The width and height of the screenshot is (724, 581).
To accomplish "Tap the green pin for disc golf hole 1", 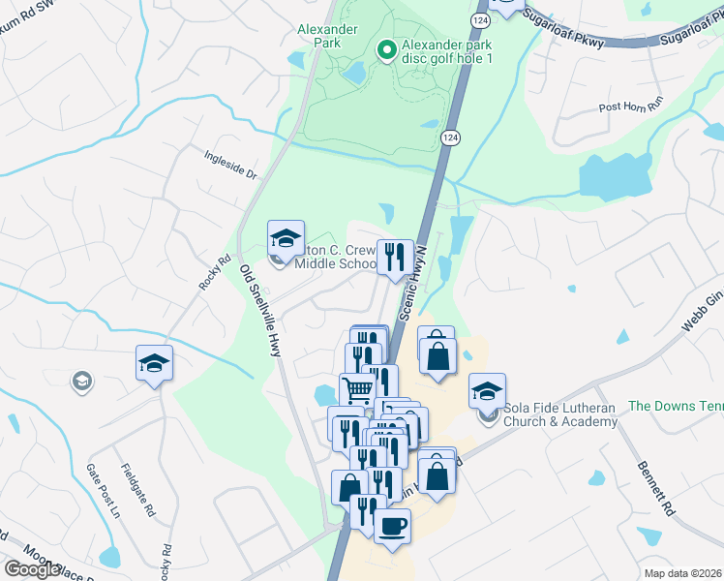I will click(386, 49).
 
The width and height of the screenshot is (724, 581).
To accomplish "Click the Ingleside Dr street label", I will click(229, 165).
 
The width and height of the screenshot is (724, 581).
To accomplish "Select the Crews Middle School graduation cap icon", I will click(286, 238).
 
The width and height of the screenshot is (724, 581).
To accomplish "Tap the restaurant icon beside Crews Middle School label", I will click(394, 258).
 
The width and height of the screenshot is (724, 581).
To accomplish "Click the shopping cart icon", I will click(358, 390).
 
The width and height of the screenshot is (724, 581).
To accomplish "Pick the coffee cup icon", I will click(392, 527).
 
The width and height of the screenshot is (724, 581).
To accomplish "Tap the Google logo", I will click(31, 569).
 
